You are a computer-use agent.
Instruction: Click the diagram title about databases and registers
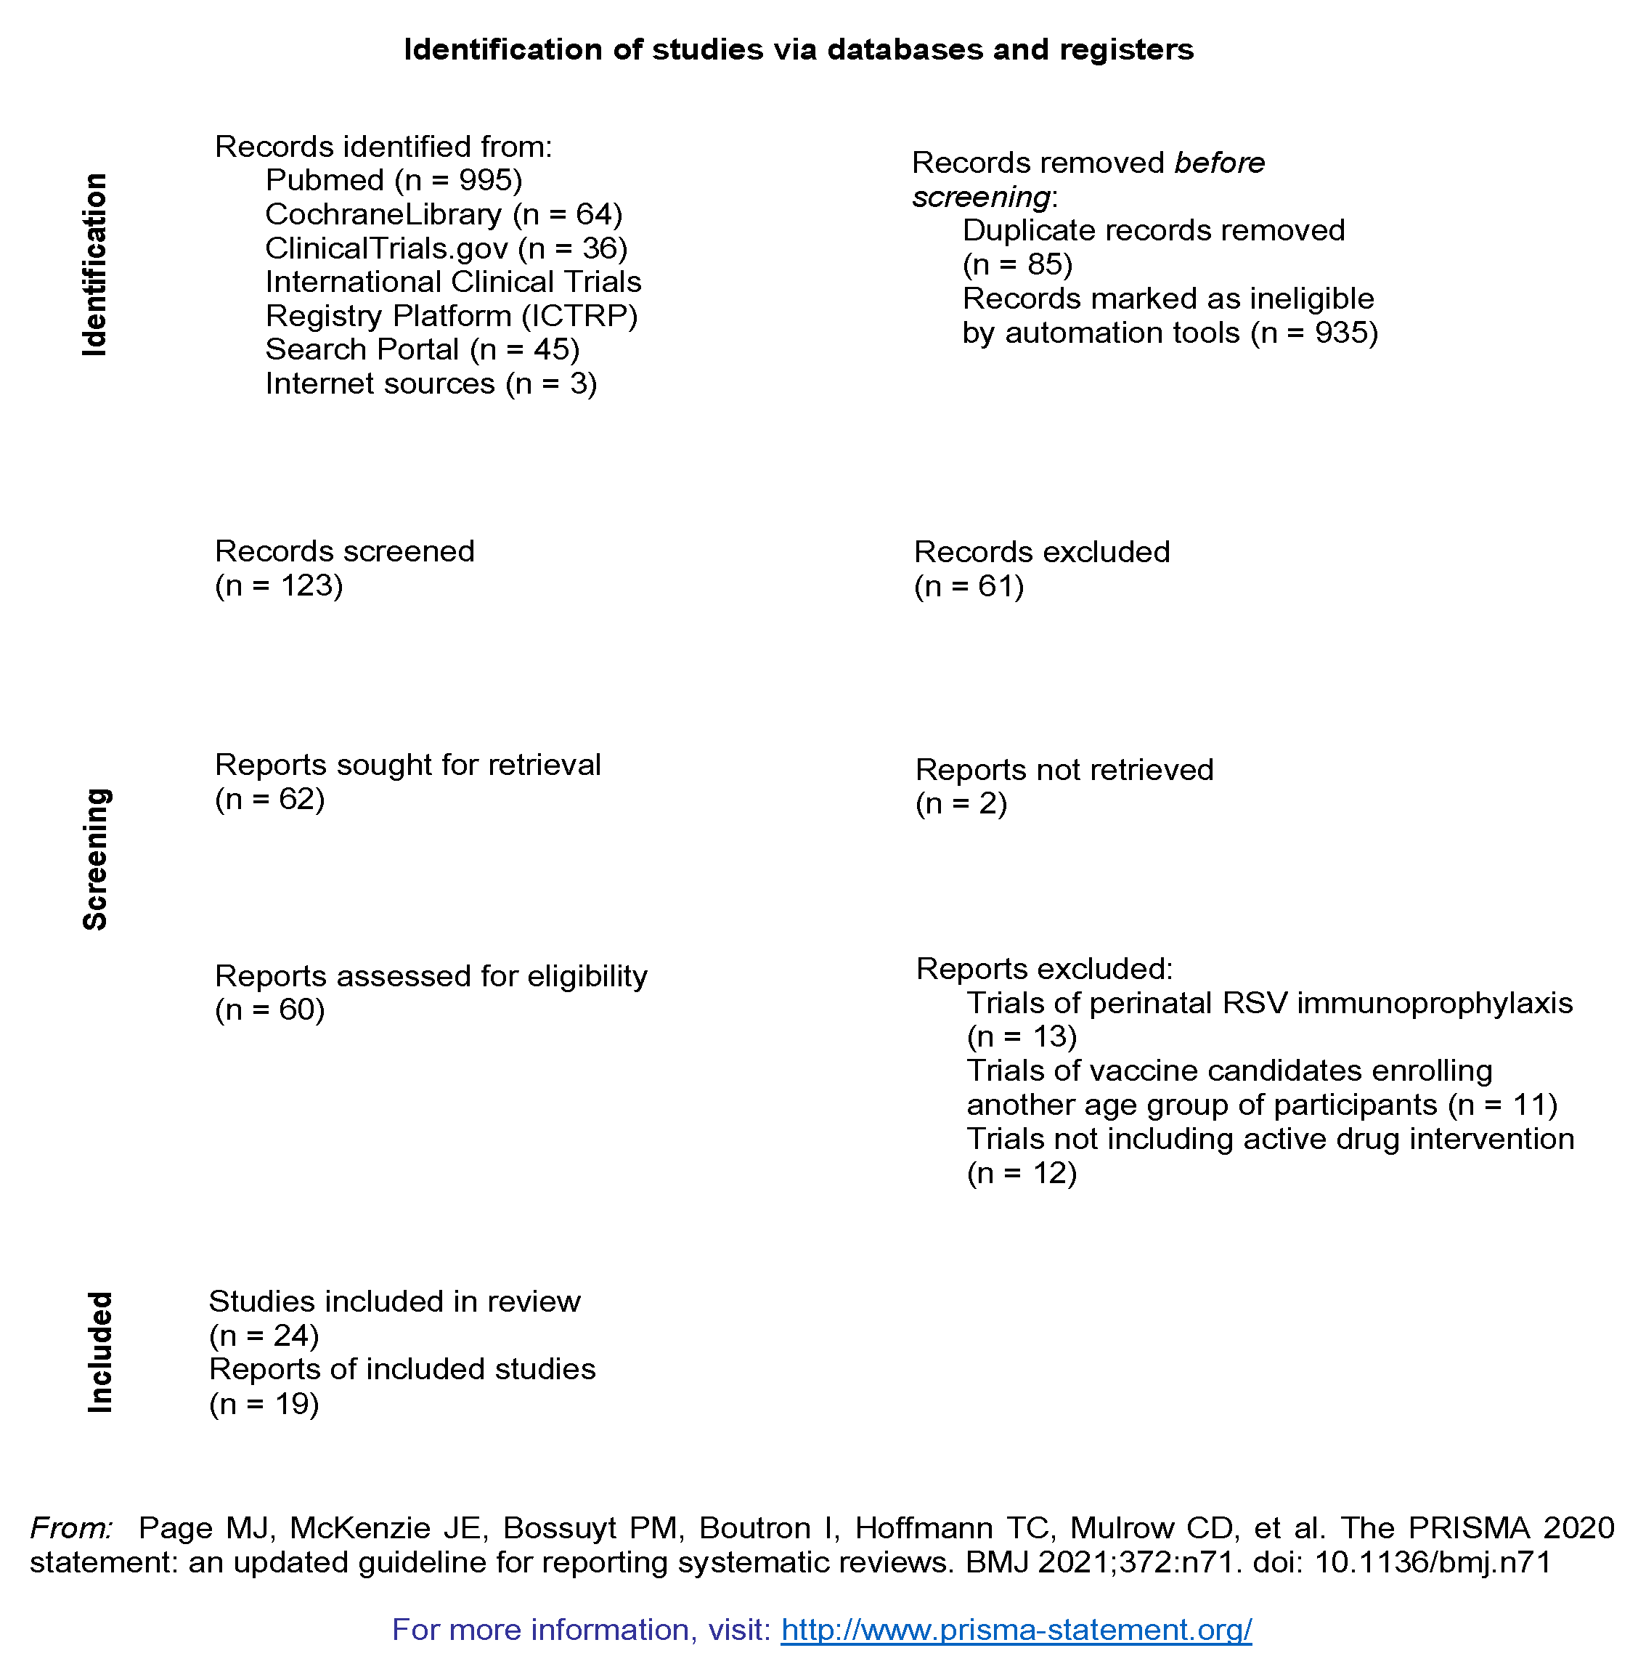(x=799, y=49)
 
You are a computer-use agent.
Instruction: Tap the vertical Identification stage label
(x=94, y=265)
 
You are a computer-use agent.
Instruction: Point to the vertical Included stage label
(x=99, y=1352)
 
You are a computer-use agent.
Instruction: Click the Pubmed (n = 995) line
(x=393, y=180)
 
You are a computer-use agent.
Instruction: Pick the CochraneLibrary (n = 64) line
(x=443, y=214)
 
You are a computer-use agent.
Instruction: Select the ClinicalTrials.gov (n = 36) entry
(x=446, y=248)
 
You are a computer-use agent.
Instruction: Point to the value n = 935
(x=1313, y=332)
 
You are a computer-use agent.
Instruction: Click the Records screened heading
(x=344, y=551)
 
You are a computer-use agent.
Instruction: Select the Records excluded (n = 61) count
(x=969, y=586)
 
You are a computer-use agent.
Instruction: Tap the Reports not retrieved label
(x=1064, y=769)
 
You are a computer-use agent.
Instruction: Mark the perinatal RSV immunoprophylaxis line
(x=1269, y=1002)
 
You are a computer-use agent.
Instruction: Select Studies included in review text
(x=394, y=1301)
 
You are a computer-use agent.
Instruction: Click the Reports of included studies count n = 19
(x=264, y=1403)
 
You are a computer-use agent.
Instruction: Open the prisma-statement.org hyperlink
(x=1015, y=1629)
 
